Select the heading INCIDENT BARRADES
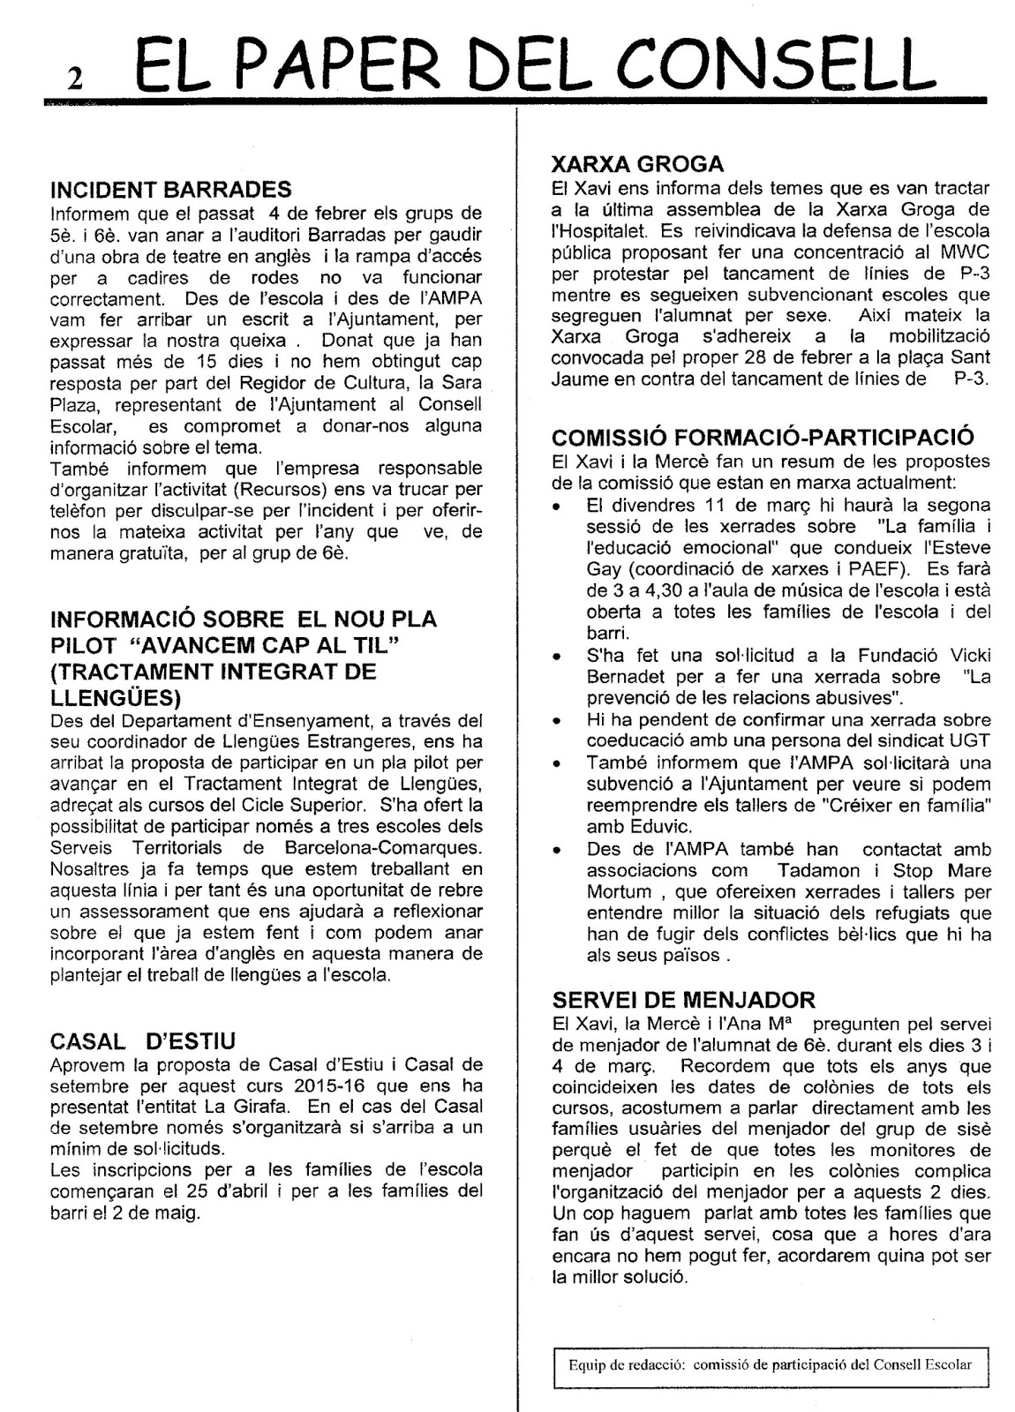171,189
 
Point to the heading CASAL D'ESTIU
143,1040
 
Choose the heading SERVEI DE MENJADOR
683,999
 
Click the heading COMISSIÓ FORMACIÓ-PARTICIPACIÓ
763,437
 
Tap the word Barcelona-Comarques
397,848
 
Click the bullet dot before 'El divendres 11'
557,507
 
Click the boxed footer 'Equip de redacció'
770,1364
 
